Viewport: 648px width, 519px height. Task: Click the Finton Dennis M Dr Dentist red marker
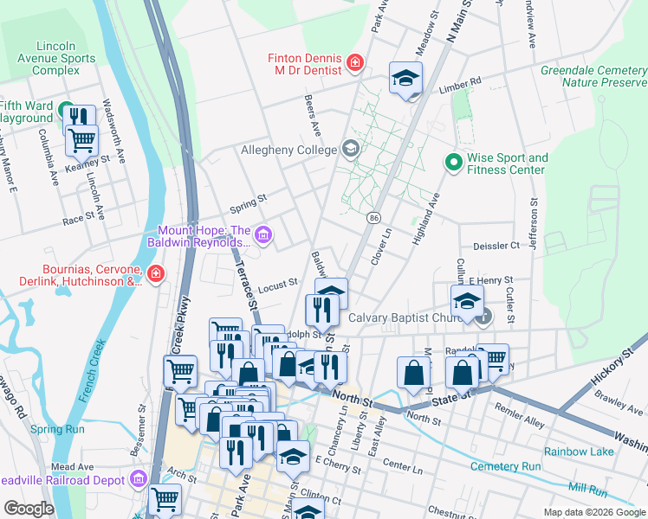coord(354,62)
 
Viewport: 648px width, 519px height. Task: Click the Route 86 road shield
coord(373,216)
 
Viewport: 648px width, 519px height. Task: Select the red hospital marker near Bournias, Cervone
coord(156,275)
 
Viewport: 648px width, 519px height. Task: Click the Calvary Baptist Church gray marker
coord(484,317)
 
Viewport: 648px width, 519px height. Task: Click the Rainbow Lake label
coord(579,452)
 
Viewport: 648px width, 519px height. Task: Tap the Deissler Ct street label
coord(496,246)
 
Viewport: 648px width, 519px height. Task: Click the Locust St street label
coord(277,283)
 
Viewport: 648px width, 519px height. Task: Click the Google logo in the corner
coord(29,508)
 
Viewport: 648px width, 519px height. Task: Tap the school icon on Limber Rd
coord(405,79)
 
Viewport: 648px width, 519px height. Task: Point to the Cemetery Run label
coord(505,467)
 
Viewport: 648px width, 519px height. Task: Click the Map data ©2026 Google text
coord(593,512)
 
